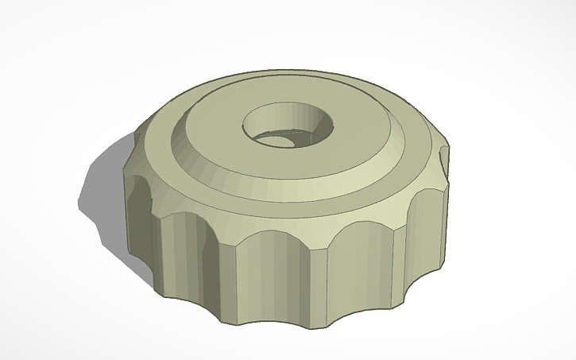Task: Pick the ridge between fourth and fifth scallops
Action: coord(389,262)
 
